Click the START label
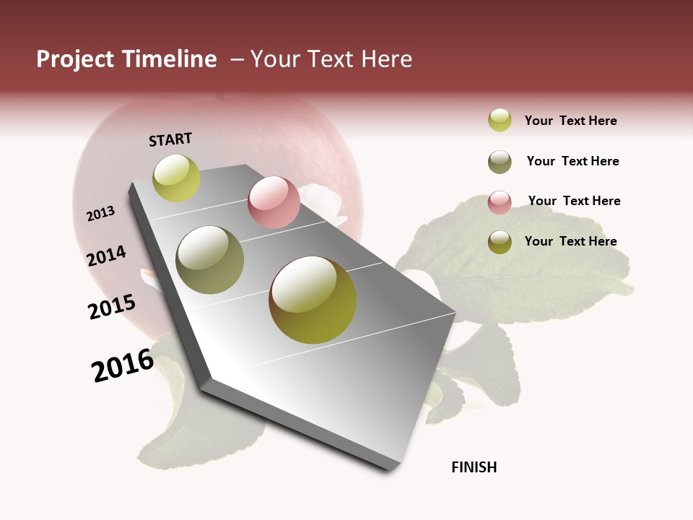pos(170,139)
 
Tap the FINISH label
pos(474,467)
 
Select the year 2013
pos(100,213)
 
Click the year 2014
pos(106,256)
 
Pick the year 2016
pos(123,365)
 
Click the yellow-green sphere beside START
pos(176,178)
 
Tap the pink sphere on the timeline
pos(274,202)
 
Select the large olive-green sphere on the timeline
pos(210,259)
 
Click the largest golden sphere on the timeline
pos(313,300)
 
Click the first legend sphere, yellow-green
pos(500,120)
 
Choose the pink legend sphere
pos(500,201)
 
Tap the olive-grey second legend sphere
pos(500,161)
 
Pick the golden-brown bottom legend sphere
pos(500,242)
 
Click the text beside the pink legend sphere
pos(574,201)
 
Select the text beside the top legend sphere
pos(570,121)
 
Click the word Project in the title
pos(75,59)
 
